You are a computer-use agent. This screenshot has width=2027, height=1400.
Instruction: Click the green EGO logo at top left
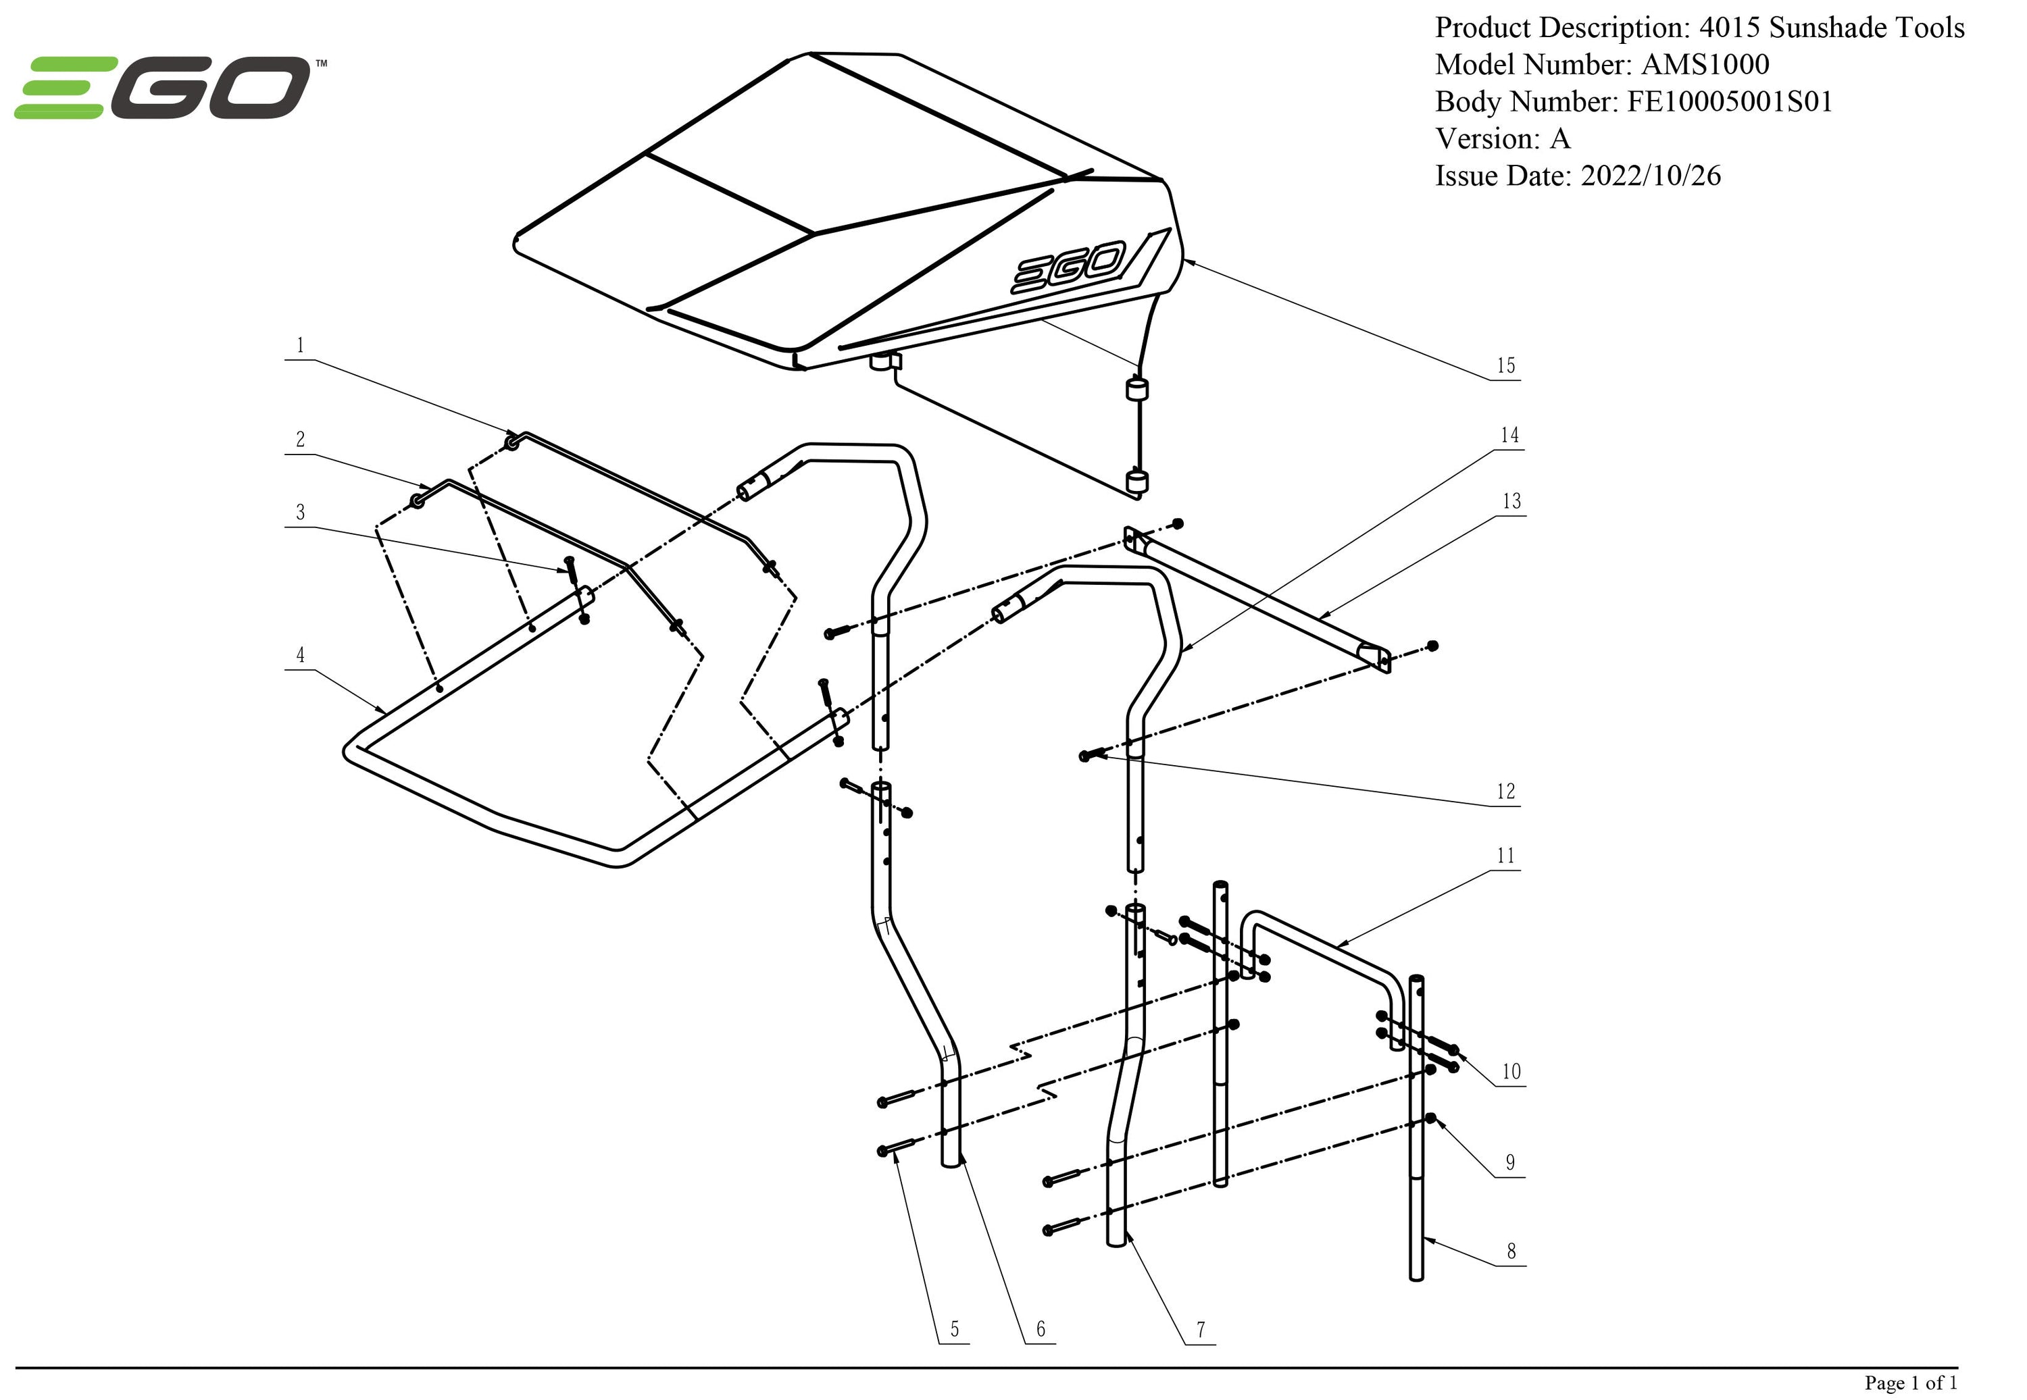pos(164,87)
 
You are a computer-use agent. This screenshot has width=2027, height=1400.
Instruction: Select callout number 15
pos(1506,366)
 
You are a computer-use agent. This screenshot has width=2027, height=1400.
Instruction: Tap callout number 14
pos(1509,435)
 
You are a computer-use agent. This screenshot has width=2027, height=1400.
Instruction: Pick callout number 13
pos(1511,501)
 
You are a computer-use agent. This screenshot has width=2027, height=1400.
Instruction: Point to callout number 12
pos(1506,792)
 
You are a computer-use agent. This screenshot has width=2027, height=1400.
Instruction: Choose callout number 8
pos(1511,1251)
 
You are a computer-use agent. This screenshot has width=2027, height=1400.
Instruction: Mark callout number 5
pos(955,1329)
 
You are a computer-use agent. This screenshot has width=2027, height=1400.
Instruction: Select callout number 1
pos(300,344)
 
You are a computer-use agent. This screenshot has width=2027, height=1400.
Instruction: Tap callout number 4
pos(300,654)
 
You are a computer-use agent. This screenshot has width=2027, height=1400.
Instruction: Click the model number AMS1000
pos(1705,65)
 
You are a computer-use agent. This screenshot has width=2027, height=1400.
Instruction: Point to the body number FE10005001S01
pos(1730,102)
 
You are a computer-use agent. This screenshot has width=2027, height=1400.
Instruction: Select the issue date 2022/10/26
pos(1650,176)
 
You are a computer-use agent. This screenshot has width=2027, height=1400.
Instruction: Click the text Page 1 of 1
pos(1910,1383)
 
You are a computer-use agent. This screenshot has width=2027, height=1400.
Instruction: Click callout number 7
pos(1201,1330)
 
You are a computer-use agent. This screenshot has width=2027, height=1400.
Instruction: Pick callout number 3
pos(300,511)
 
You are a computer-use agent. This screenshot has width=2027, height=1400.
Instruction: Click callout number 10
pos(1511,1071)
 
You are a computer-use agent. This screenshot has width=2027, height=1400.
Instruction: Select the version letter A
pos(1559,138)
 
